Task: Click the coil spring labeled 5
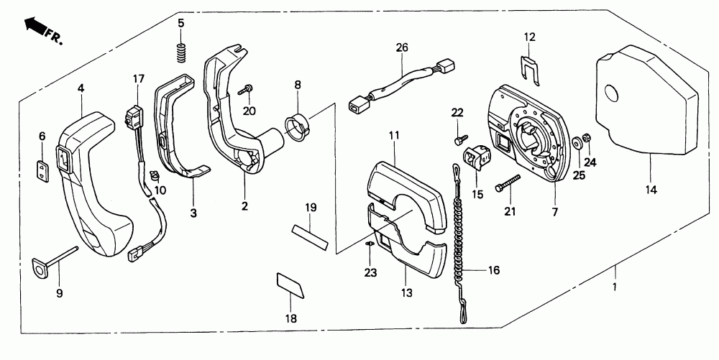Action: click(x=181, y=52)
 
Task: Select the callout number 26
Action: click(x=401, y=48)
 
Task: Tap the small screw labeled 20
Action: click(x=246, y=89)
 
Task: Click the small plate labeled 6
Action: click(x=42, y=167)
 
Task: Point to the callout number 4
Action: click(x=81, y=88)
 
